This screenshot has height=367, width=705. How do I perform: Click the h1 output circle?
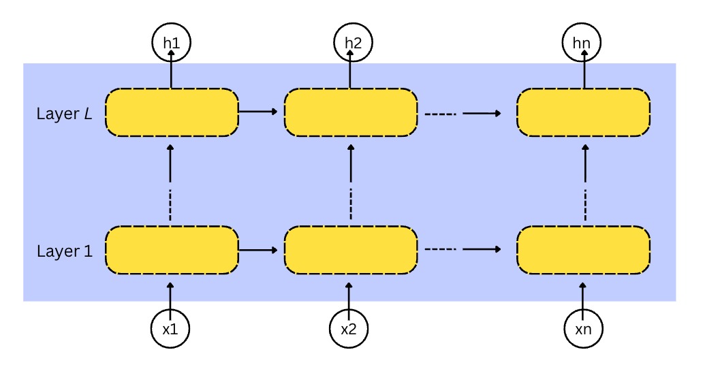170,43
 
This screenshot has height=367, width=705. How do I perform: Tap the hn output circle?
582,43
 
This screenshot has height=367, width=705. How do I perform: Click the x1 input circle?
170,329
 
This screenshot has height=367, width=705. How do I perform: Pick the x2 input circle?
349,329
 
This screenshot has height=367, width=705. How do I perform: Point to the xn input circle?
583,329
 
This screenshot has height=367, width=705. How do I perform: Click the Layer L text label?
65,114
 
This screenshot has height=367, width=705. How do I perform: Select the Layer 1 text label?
65,251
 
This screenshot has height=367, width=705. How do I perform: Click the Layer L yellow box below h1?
171,112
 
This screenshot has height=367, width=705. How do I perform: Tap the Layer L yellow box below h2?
350,112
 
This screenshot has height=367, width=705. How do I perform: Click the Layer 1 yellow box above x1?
171,250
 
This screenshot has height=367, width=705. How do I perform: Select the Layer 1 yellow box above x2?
350,250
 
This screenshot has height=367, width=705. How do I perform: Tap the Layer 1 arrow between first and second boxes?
260,250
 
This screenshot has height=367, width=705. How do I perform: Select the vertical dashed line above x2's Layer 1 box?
351,204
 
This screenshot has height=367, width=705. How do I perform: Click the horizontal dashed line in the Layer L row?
439,113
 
